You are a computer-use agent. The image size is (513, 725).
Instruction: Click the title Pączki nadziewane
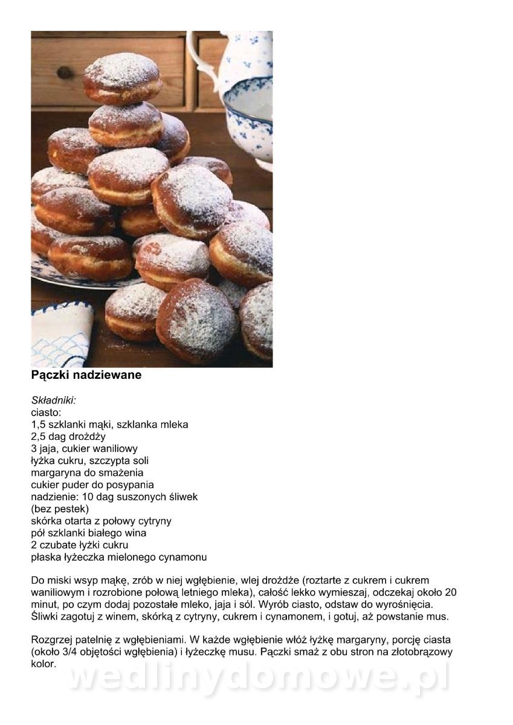click(86, 375)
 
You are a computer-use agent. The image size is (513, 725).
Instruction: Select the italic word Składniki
click(53, 400)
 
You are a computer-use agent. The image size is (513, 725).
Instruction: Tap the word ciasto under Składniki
click(46, 412)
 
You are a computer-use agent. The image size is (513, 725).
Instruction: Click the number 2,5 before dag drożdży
click(39, 436)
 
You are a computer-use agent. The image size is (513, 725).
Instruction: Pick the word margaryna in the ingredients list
click(55, 472)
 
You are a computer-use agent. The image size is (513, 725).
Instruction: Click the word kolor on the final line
click(43, 663)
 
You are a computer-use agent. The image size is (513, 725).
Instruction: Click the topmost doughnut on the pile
click(123, 78)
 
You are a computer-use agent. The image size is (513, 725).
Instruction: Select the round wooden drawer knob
click(65, 72)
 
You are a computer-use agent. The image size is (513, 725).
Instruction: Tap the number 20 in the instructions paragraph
click(450, 592)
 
